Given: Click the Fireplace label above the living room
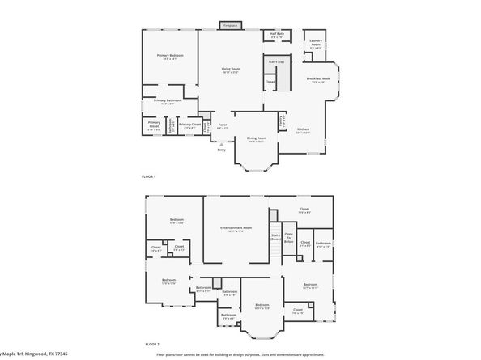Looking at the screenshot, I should [x=230, y=26].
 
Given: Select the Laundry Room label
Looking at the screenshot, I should [x=316, y=42].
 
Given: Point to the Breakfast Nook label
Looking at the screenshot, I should [x=317, y=78].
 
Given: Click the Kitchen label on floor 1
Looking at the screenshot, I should [x=302, y=129].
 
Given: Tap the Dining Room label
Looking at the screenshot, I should [x=257, y=138].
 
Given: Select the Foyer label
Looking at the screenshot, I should [x=222, y=125].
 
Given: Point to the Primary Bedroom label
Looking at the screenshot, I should [x=170, y=55].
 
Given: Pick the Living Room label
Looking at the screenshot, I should [x=232, y=69].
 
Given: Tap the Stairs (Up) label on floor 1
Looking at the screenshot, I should [x=275, y=61].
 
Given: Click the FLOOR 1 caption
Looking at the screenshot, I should [x=148, y=176].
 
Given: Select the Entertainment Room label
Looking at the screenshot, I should [x=236, y=228].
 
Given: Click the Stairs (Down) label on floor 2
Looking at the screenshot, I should [x=275, y=237].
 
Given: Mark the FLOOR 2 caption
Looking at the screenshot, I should [x=148, y=342].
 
